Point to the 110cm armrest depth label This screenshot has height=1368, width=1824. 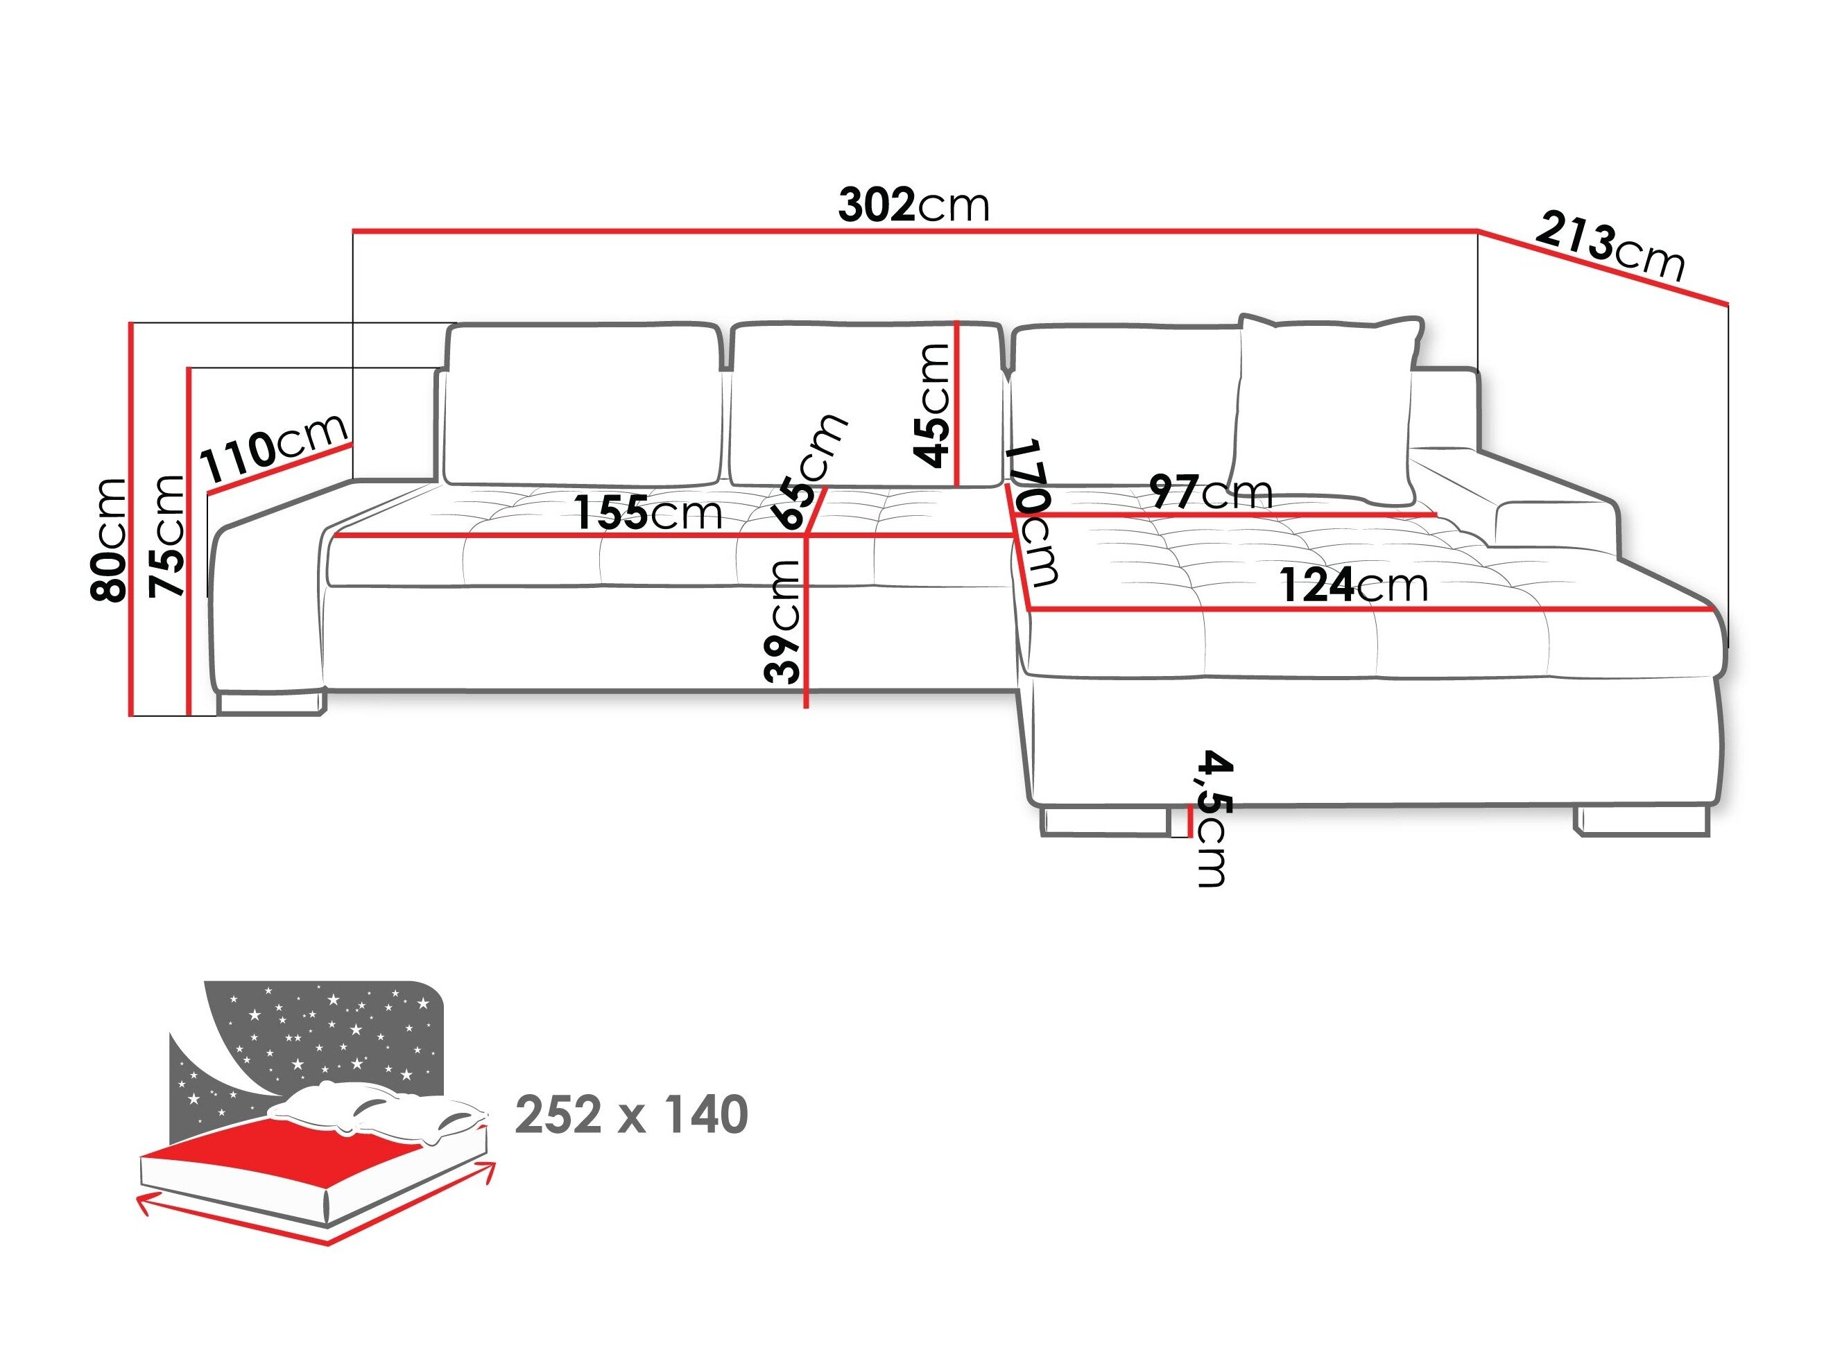click(275, 449)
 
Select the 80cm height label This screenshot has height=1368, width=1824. click(110, 540)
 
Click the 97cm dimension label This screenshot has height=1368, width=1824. click(1210, 492)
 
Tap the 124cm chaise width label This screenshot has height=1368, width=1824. click(1353, 585)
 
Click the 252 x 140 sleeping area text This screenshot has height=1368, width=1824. click(631, 1115)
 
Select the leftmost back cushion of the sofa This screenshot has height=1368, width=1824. click(582, 404)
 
